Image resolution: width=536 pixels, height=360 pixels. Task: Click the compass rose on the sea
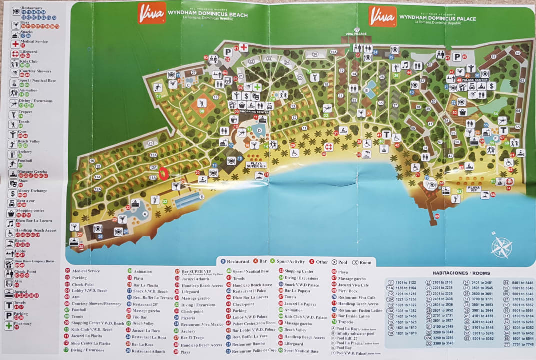(501, 246)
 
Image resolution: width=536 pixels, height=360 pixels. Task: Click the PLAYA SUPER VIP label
(255, 165)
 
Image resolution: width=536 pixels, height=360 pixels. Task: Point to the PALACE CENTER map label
(475, 80)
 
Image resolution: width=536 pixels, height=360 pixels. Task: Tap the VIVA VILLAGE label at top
(356, 34)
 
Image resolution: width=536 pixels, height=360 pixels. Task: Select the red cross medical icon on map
(243, 47)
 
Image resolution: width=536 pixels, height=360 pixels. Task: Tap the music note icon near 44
(405, 65)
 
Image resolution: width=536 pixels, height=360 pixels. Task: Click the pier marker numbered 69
(437, 216)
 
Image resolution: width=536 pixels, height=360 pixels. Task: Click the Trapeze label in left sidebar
(26, 112)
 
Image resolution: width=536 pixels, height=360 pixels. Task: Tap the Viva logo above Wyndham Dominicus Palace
(382, 15)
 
